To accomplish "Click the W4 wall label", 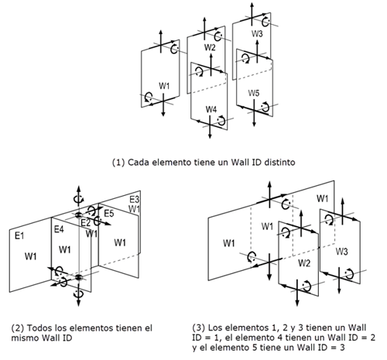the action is pyautogui.click(x=211, y=109).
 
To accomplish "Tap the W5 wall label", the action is pyautogui.click(x=254, y=93).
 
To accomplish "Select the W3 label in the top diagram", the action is pyautogui.click(x=257, y=34).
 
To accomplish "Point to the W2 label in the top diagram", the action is pyautogui.click(x=210, y=47).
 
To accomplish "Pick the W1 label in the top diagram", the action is pyautogui.click(x=164, y=86).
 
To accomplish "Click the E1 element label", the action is pyautogui.click(x=19, y=235).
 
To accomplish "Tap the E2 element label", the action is pyautogui.click(x=86, y=223).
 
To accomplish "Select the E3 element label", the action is pyautogui.click(x=134, y=200).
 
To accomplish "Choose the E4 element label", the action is pyautogui.click(x=59, y=229).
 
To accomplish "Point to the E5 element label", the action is pyautogui.click(x=108, y=214).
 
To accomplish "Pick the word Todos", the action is pyautogui.click(x=38, y=328).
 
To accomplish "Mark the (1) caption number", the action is pyautogui.click(x=118, y=163).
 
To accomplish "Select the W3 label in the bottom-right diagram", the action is pyautogui.click(x=341, y=252).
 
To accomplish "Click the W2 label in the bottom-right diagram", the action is pyautogui.click(x=304, y=263).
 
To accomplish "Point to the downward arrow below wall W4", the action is pyautogui.click(x=210, y=127).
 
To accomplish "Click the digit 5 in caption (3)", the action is pyautogui.click(x=255, y=348).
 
